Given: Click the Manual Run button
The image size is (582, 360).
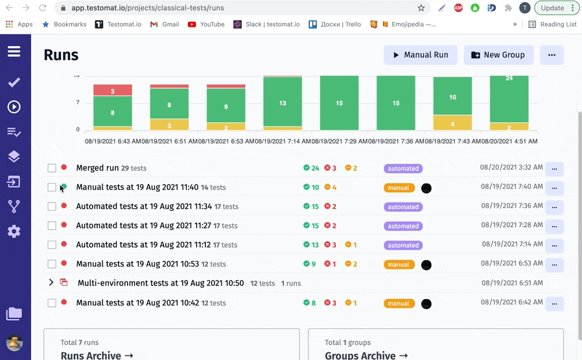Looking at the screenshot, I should [420, 55].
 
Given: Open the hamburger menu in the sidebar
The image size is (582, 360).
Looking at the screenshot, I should [14, 51].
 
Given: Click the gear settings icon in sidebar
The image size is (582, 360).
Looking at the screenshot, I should [14, 232].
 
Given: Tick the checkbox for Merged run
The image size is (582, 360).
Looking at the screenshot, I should [52, 168].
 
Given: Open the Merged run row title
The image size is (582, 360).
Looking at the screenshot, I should [98, 168].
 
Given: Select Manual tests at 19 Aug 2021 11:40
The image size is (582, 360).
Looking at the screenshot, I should [137, 187].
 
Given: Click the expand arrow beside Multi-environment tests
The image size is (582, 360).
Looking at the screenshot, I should [51, 283].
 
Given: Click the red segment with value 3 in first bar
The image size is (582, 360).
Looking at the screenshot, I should [113, 91].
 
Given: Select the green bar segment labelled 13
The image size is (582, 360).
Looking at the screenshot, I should [283, 102].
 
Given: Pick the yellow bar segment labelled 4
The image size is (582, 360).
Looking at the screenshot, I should [452, 123].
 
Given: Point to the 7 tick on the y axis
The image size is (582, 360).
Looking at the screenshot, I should [78, 102].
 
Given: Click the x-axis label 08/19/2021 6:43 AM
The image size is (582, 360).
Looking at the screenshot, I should [112, 141].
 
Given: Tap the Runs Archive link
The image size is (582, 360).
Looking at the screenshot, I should [97, 355].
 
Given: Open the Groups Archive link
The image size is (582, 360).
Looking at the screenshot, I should [366, 355].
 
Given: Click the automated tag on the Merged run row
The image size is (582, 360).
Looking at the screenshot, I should [403, 169].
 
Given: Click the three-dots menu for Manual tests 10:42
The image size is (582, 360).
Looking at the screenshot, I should [554, 304].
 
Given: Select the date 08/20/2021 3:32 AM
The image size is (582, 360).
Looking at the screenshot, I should [511, 167].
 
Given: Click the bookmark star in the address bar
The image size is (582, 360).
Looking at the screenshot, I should [421, 8].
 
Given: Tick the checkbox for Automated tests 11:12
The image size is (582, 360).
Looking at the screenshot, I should [52, 245].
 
